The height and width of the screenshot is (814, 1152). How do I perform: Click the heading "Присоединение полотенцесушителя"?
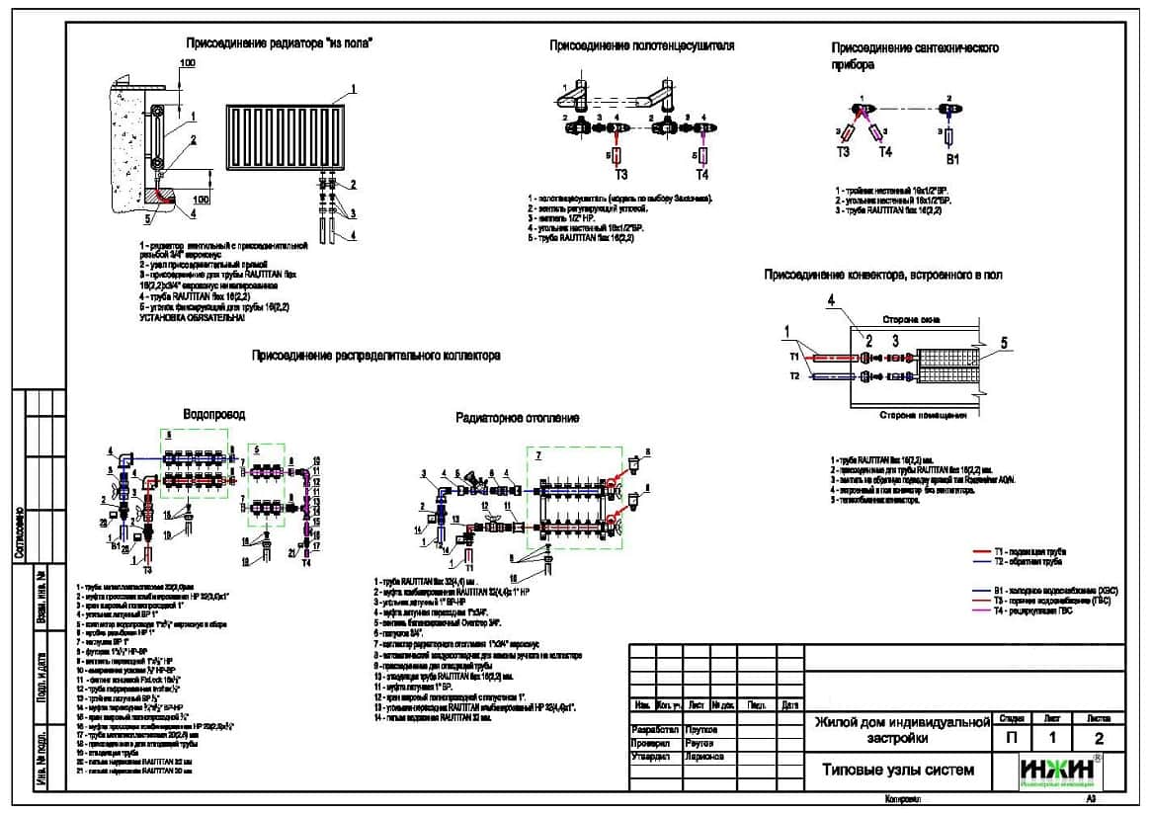pos(641,45)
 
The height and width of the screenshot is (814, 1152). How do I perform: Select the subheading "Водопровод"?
pos(214,414)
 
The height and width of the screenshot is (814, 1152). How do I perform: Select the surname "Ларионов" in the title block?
pos(703,757)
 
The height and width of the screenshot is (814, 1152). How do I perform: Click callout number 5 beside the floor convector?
pos(1003,343)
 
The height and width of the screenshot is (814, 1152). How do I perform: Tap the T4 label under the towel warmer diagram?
pos(701,175)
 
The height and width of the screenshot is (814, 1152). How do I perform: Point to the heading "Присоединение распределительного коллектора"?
pos(375,355)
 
